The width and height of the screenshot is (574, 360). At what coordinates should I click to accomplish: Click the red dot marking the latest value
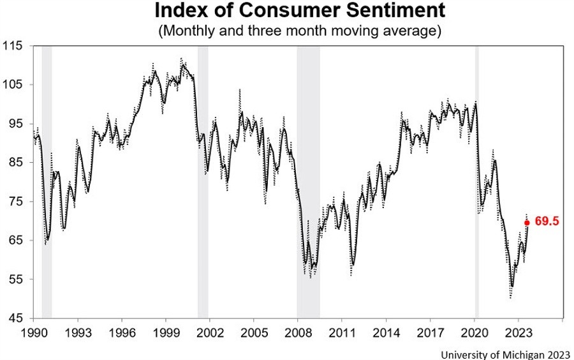[527, 223]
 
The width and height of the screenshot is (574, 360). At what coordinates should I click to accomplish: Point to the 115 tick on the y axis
[13, 46]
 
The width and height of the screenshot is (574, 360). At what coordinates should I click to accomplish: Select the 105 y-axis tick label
[13, 85]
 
